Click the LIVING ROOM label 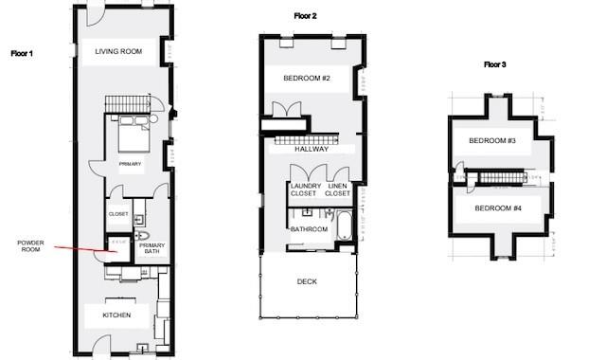point(118,51)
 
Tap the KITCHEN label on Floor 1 point(116,315)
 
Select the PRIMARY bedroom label point(130,164)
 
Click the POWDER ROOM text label point(31,245)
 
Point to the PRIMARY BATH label point(151,249)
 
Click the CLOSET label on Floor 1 point(118,214)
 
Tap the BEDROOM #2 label point(307,78)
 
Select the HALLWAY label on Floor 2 point(311,149)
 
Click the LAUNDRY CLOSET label point(305,189)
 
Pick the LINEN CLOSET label point(338,189)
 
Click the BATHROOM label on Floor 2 point(309,229)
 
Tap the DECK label point(307,281)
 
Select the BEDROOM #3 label point(492,141)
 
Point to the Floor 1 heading point(22,54)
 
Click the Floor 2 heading point(305,17)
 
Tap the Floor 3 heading point(494,64)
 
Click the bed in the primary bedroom point(131,139)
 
